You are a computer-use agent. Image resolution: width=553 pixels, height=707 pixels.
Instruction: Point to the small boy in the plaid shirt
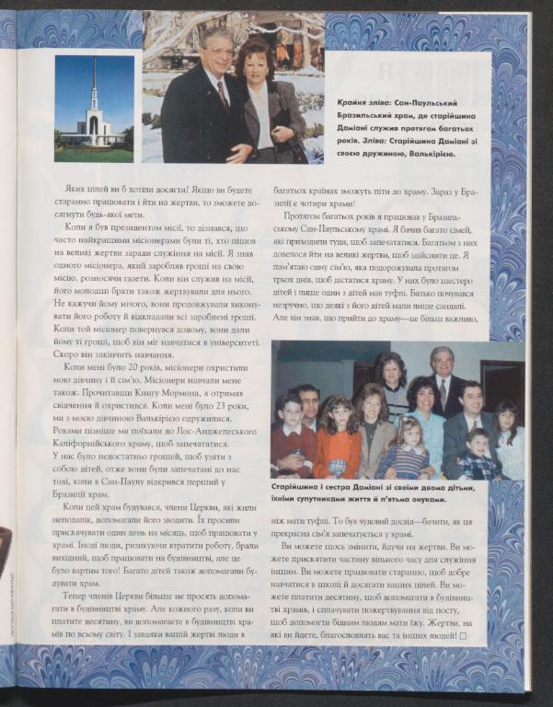point(479,456)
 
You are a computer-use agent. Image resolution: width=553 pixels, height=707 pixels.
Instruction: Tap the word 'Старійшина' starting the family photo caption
point(302,486)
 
